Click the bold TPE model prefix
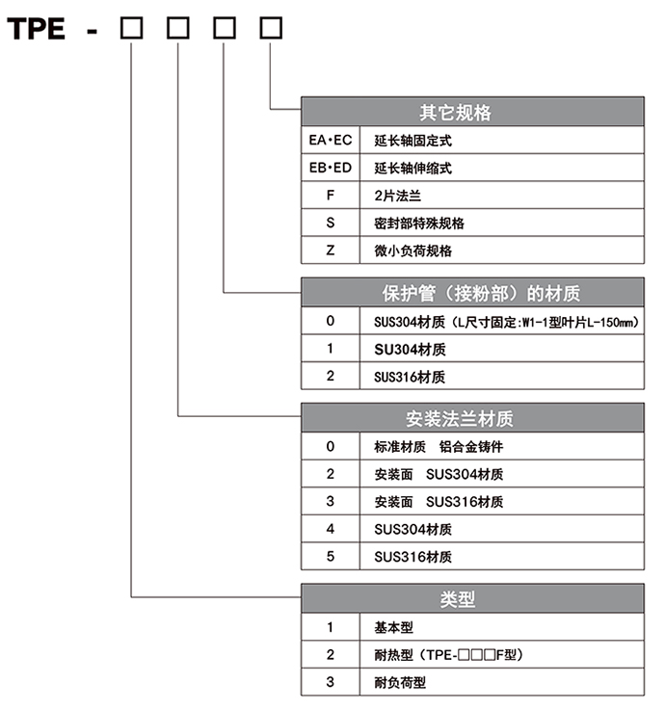[x=37, y=29]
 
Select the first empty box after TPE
[x=131, y=28]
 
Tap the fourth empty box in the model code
[x=271, y=28]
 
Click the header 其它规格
[x=455, y=113]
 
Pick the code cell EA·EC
[x=331, y=141]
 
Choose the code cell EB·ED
[x=331, y=168]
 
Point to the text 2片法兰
[x=397, y=196]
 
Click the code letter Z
[x=331, y=250]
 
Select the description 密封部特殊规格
[x=419, y=224]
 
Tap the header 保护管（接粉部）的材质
[x=481, y=294]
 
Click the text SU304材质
[x=410, y=349]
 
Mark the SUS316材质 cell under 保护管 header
[x=502, y=377]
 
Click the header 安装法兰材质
[x=460, y=419]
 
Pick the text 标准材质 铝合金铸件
[x=439, y=447]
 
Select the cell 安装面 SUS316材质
[x=502, y=502]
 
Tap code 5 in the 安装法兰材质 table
[x=331, y=557]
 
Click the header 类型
[x=458, y=599]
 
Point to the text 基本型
[x=393, y=627]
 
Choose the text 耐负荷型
[x=400, y=682]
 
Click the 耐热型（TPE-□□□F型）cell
[x=502, y=655]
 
